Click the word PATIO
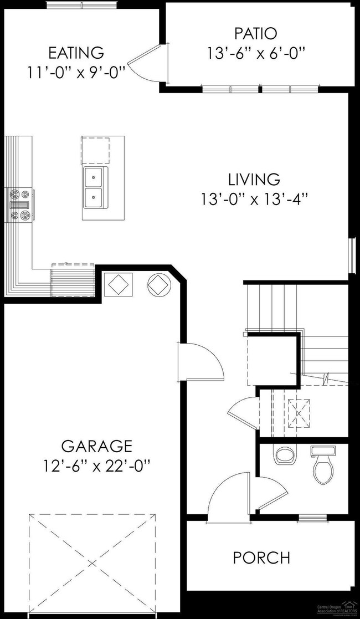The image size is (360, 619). pyautogui.click(x=255, y=33)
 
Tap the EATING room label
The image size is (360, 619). pyautogui.click(x=76, y=53)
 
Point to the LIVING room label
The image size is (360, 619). pyautogui.click(x=254, y=180)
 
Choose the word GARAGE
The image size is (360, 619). pyautogui.click(x=96, y=446)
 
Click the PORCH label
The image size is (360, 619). pyautogui.click(x=261, y=557)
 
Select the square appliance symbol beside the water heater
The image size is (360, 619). pyautogui.click(x=119, y=285)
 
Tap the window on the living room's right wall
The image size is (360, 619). pyautogui.click(x=351, y=255)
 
